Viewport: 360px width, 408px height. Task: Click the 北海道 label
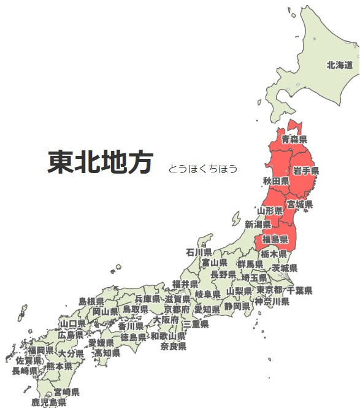tap(340, 65)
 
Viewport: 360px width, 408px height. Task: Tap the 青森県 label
tap(294, 140)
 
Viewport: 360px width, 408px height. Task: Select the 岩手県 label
tap(305, 170)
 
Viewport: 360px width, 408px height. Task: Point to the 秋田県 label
tap(275, 181)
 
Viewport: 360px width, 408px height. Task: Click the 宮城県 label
tap(300, 204)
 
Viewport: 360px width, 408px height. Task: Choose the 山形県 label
tap(270, 210)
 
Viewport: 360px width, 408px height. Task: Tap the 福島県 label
tap(275, 239)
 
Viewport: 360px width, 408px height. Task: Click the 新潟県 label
tap(258, 225)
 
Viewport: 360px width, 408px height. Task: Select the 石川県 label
tap(199, 252)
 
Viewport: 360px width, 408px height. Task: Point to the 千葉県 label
tap(299, 290)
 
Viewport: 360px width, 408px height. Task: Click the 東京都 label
tap(270, 290)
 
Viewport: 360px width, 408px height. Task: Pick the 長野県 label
tap(223, 274)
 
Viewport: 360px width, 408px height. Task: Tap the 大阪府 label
tap(166, 320)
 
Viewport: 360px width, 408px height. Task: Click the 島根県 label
tap(91, 301)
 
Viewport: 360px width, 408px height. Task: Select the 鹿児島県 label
tap(49, 402)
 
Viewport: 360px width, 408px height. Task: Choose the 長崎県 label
tap(25, 371)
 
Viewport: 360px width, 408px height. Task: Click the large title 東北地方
tap(99, 163)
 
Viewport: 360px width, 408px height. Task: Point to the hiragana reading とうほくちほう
tap(203, 169)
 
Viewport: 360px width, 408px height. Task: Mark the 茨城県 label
tap(285, 268)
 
